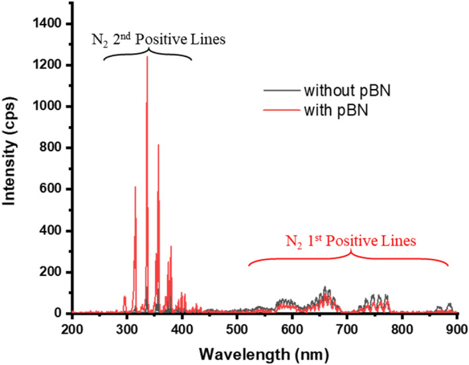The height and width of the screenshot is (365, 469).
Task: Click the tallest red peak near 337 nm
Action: click(147, 58)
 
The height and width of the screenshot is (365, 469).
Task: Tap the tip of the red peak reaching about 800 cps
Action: click(158, 145)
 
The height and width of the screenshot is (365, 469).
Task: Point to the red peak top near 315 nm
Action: click(135, 187)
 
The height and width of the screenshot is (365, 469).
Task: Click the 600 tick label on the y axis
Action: click(50, 189)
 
